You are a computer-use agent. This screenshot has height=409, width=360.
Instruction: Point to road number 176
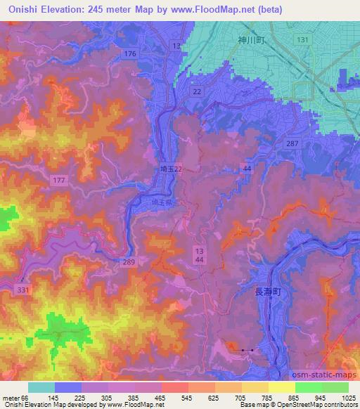[129, 54]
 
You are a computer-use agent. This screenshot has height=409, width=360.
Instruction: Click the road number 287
[292, 143]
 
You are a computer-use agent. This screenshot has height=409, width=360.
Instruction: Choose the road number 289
[127, 261]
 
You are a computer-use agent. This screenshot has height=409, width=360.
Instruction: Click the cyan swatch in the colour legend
[41, 387]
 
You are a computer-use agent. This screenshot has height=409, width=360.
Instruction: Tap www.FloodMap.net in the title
[223, 10]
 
